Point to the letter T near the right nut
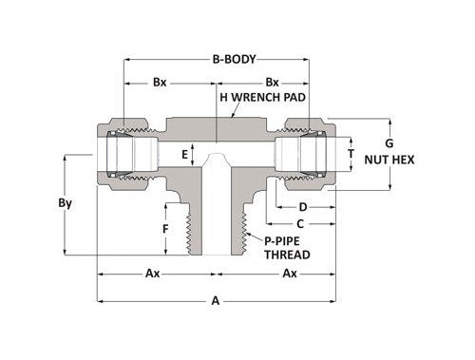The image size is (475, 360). point(352,153)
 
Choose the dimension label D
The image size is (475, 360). point(302,206)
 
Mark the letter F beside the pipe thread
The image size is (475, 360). point(165,229)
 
